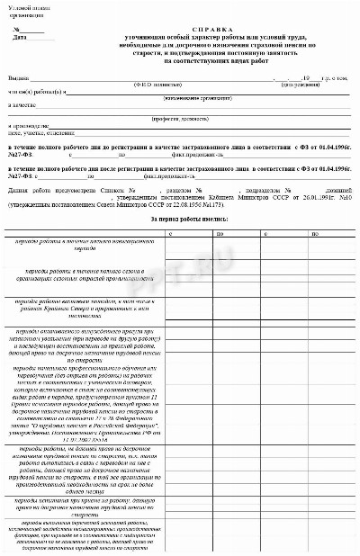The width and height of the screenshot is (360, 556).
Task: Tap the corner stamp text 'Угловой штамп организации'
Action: click(25, 12)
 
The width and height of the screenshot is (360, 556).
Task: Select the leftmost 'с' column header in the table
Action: click(170, 233)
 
